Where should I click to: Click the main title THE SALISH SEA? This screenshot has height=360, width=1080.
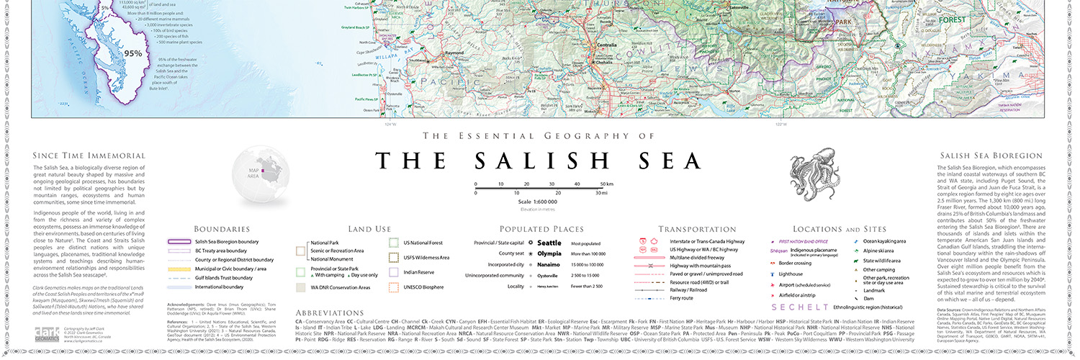click(539, 160)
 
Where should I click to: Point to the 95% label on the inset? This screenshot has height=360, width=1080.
click(132, 53)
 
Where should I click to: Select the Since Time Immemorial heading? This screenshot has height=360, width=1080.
click(89, 156)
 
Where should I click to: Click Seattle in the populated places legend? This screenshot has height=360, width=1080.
click(549, 243)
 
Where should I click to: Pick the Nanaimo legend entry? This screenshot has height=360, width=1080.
click(549, 265)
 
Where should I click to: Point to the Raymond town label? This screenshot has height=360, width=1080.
click(455, 53)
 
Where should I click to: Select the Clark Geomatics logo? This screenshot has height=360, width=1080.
click(50, 333)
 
